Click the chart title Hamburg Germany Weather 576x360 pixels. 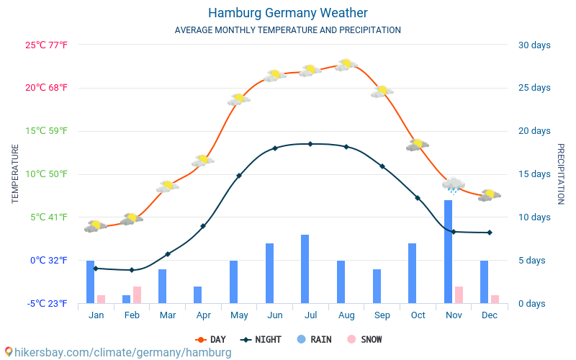tap(287, 13)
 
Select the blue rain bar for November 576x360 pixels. tap(448, 251)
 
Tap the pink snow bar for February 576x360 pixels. tap(137, 294)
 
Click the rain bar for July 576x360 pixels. tap(305, 269)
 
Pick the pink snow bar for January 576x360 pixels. tap(101, 299)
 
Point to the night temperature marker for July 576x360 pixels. tap(310, 144)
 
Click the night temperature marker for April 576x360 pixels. tap(203, 226)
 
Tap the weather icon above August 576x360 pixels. tap(346, 64)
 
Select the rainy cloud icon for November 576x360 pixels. tap(454, 185)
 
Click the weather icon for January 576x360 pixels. tap(95, 226)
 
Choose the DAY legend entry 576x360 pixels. tap(210, 339)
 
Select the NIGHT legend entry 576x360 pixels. tap(261, 339)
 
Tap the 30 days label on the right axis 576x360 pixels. tap(534, 45)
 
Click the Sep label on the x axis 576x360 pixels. tap(382, 315)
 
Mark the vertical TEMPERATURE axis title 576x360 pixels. tap(15, 174)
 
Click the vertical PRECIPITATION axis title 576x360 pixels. tap(561, 174)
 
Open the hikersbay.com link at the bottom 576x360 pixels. tap(118, 353)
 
